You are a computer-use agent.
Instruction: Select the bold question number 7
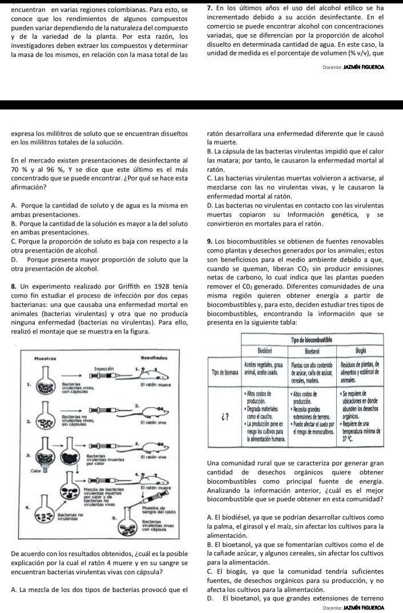[x=208, y=7]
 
